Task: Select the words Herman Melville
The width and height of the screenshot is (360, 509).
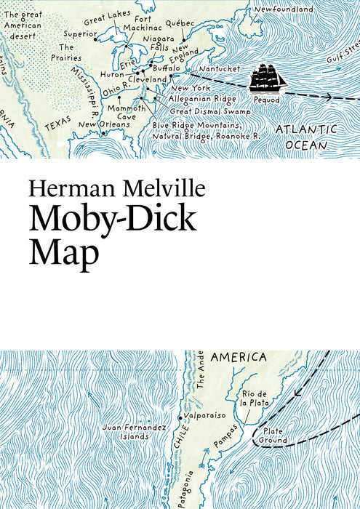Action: (118, 191)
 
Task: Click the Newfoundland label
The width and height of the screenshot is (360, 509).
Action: (284, 9)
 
